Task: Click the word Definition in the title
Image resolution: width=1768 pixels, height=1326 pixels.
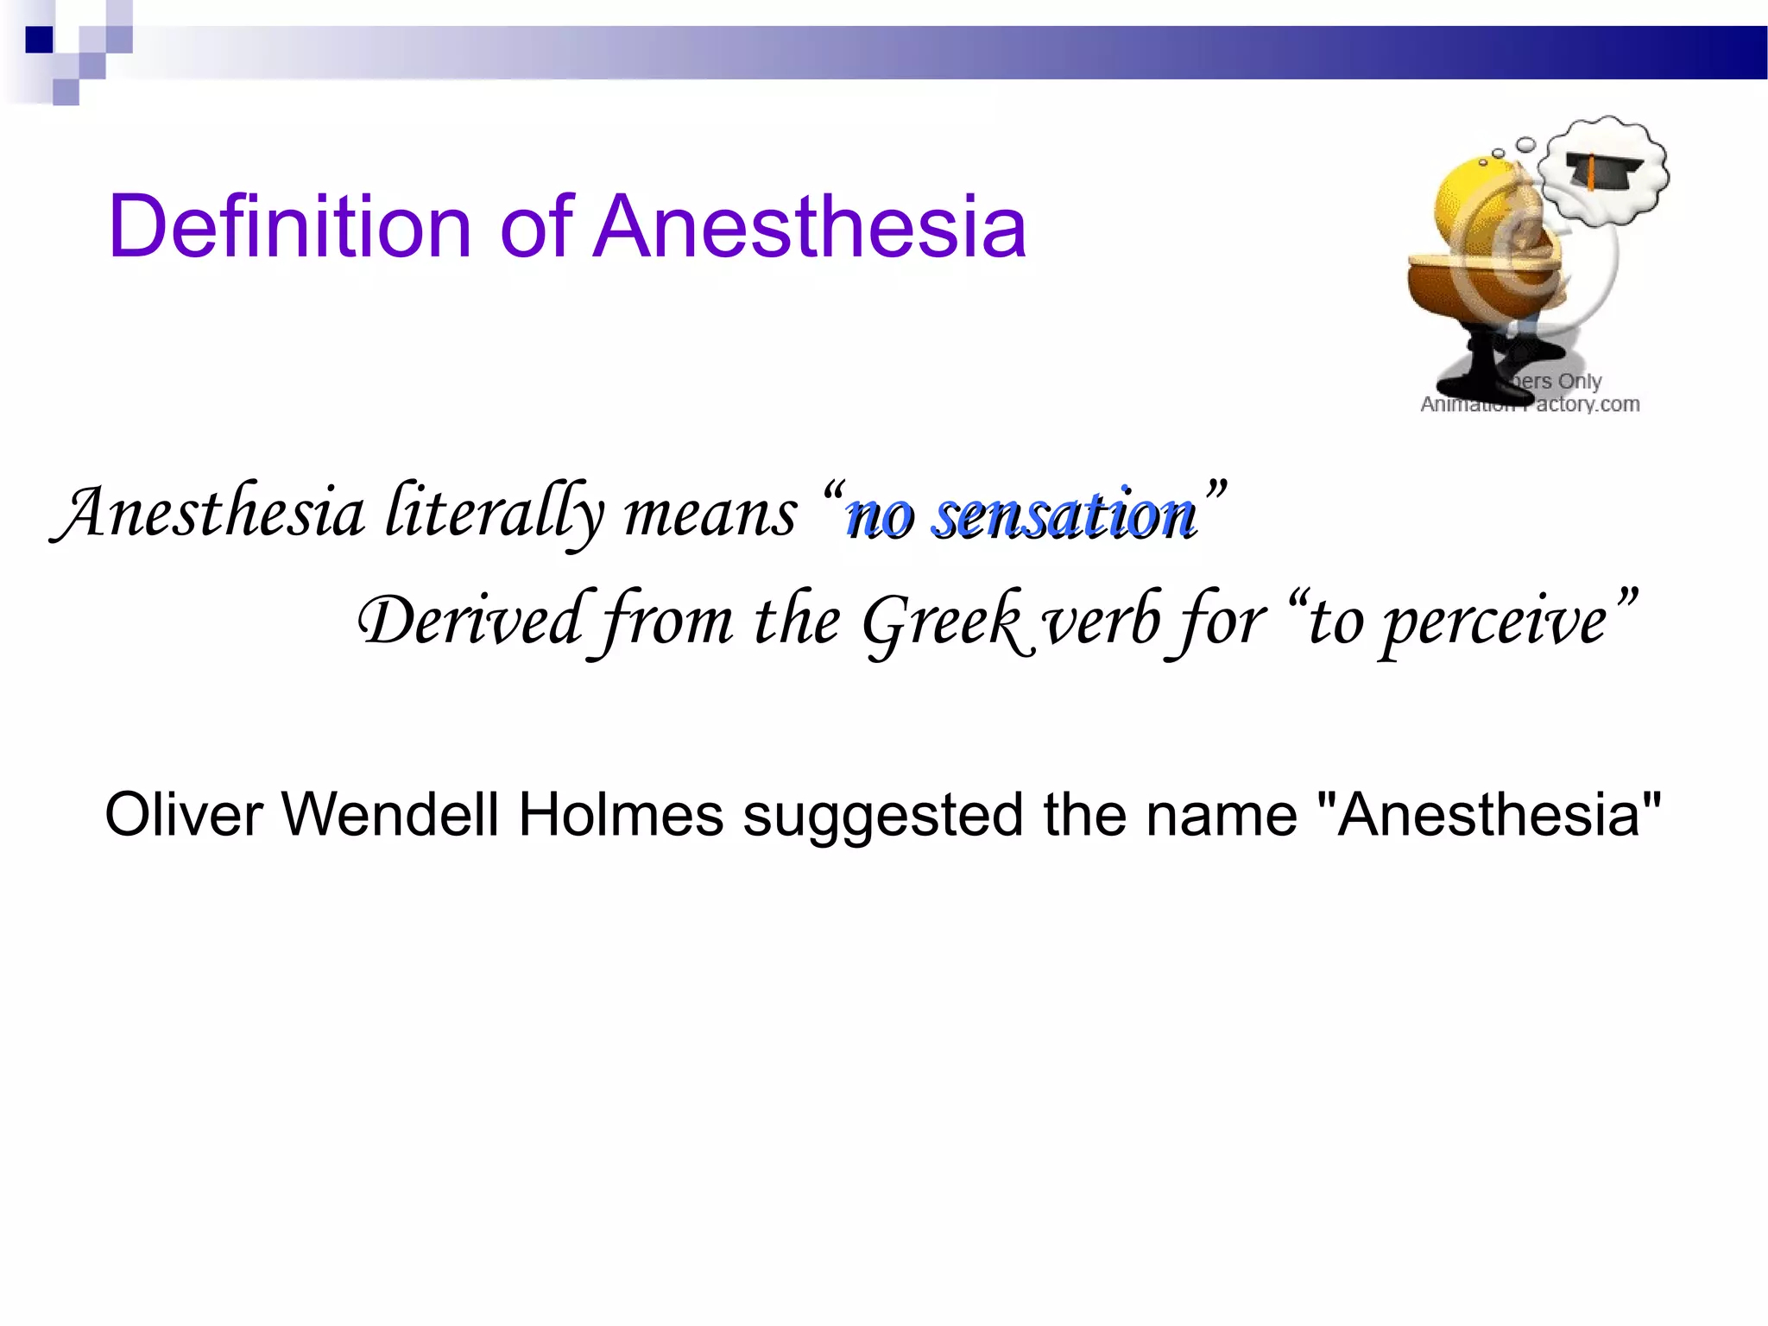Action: pyautogui.click(x=289, y=226)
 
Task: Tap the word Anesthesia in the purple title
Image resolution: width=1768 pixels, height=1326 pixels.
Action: pyautogui.click(x=810, y=226)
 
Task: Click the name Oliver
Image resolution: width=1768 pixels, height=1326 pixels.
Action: pyautogui.click(x=183, y=814)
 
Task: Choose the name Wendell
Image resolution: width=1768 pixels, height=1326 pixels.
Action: pyautogui.click(x=390, y=814)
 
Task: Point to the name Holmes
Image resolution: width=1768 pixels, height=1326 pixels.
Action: pyautogui.click(x=621, y=814)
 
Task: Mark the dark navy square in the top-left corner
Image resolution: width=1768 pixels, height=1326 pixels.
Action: pyautogui.click(x=40, y=40)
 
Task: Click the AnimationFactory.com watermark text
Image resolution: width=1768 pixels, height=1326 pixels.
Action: pyautogui.click(x=1530, y=404)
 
